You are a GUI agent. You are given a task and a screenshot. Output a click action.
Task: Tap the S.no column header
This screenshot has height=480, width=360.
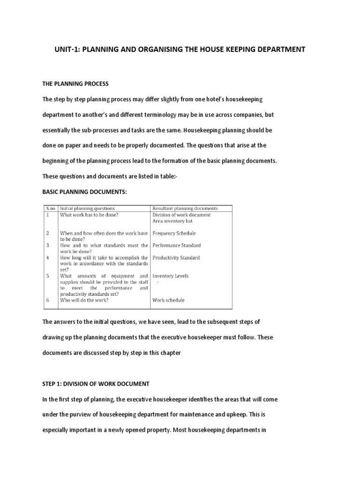tap(50, 208)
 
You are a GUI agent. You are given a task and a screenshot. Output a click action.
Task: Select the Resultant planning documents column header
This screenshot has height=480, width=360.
tap(185, 208)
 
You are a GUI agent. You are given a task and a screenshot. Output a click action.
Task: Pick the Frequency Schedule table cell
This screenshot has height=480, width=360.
tap(174, 233)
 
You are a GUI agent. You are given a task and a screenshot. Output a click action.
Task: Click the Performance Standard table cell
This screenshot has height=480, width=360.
tap(176, 245)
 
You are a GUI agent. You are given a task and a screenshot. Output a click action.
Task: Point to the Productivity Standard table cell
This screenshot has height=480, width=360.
tap(176, 257)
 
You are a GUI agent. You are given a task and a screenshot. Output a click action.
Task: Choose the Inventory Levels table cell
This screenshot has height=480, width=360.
tap(170, 276)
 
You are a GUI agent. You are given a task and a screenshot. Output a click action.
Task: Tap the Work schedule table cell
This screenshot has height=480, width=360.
tap(168, 300)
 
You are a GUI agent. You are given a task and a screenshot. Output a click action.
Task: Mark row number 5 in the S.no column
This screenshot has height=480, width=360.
tap(47, 276)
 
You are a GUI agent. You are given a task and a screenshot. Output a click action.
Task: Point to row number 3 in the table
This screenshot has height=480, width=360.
tap(47, 245)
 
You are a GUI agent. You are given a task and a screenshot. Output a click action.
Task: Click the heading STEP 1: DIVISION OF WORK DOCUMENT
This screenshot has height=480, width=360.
tap(96, 383)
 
